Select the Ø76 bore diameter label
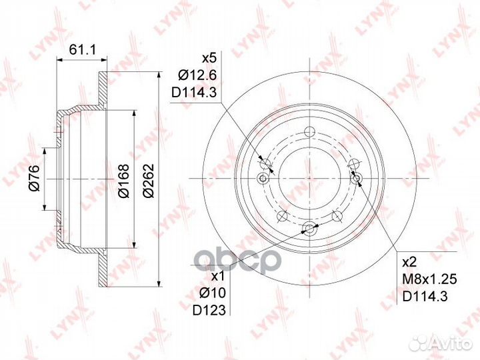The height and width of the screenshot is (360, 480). pyautogui.click(x=34, y=178)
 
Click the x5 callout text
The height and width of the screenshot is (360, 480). pyautogui.click(x=210, y=58)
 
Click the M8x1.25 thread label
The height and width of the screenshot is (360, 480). pyautogui.click(x=429, y=279)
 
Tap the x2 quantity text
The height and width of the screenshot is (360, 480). pyautogui.click(x=409, y=263)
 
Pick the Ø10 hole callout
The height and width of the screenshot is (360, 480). pyautogui.click(x=213, y=293)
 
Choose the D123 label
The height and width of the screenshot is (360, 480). pyautogui.click(x=209, y=311)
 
